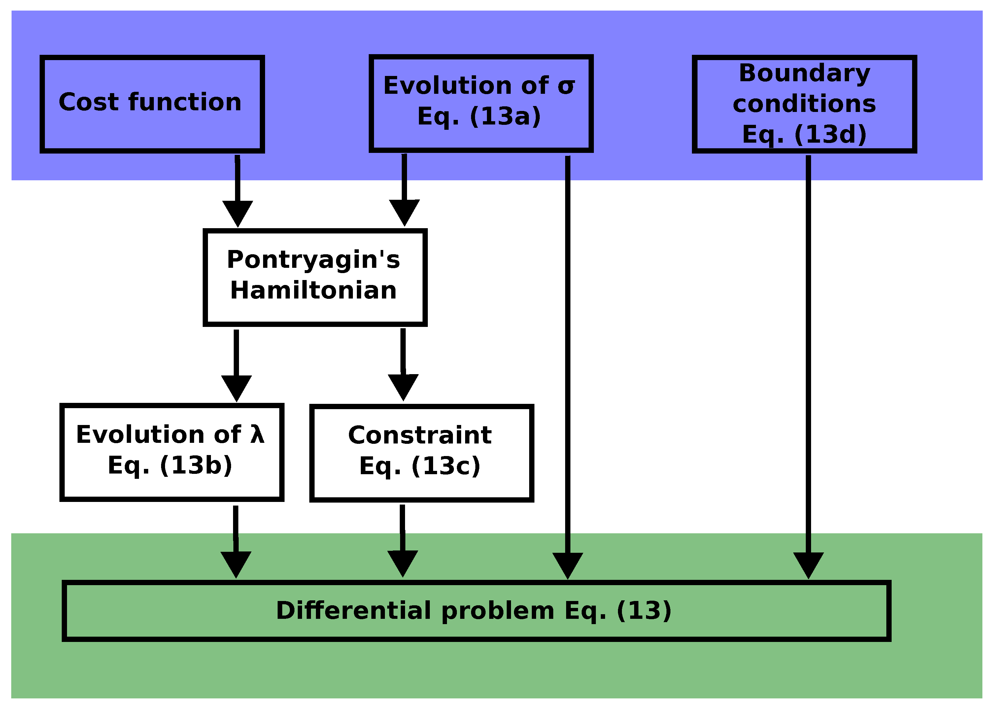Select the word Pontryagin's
[x=313, y=260]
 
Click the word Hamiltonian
[x=313, y=290]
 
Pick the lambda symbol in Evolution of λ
[x=257, y=434]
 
